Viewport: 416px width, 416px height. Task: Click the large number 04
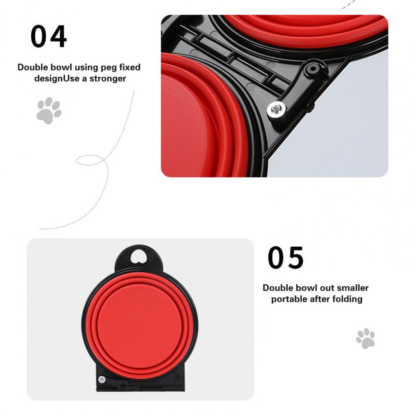[x=49, y=36]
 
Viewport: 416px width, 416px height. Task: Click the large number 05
[x=286, y=257]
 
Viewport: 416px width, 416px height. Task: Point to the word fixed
[x=130, y=67]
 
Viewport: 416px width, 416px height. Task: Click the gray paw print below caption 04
[x=49, y=111]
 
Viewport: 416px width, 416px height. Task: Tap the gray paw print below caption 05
[x=365, y=338]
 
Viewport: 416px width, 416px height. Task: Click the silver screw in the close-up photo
[x=276, y=108]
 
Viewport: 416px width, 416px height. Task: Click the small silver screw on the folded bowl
[x=102, y=379]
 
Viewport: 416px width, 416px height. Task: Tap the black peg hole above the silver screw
[x=313, y=69]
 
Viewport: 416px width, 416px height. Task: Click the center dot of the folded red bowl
[x=138, y=326]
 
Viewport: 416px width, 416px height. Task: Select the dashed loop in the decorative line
[x=90, y=160]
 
